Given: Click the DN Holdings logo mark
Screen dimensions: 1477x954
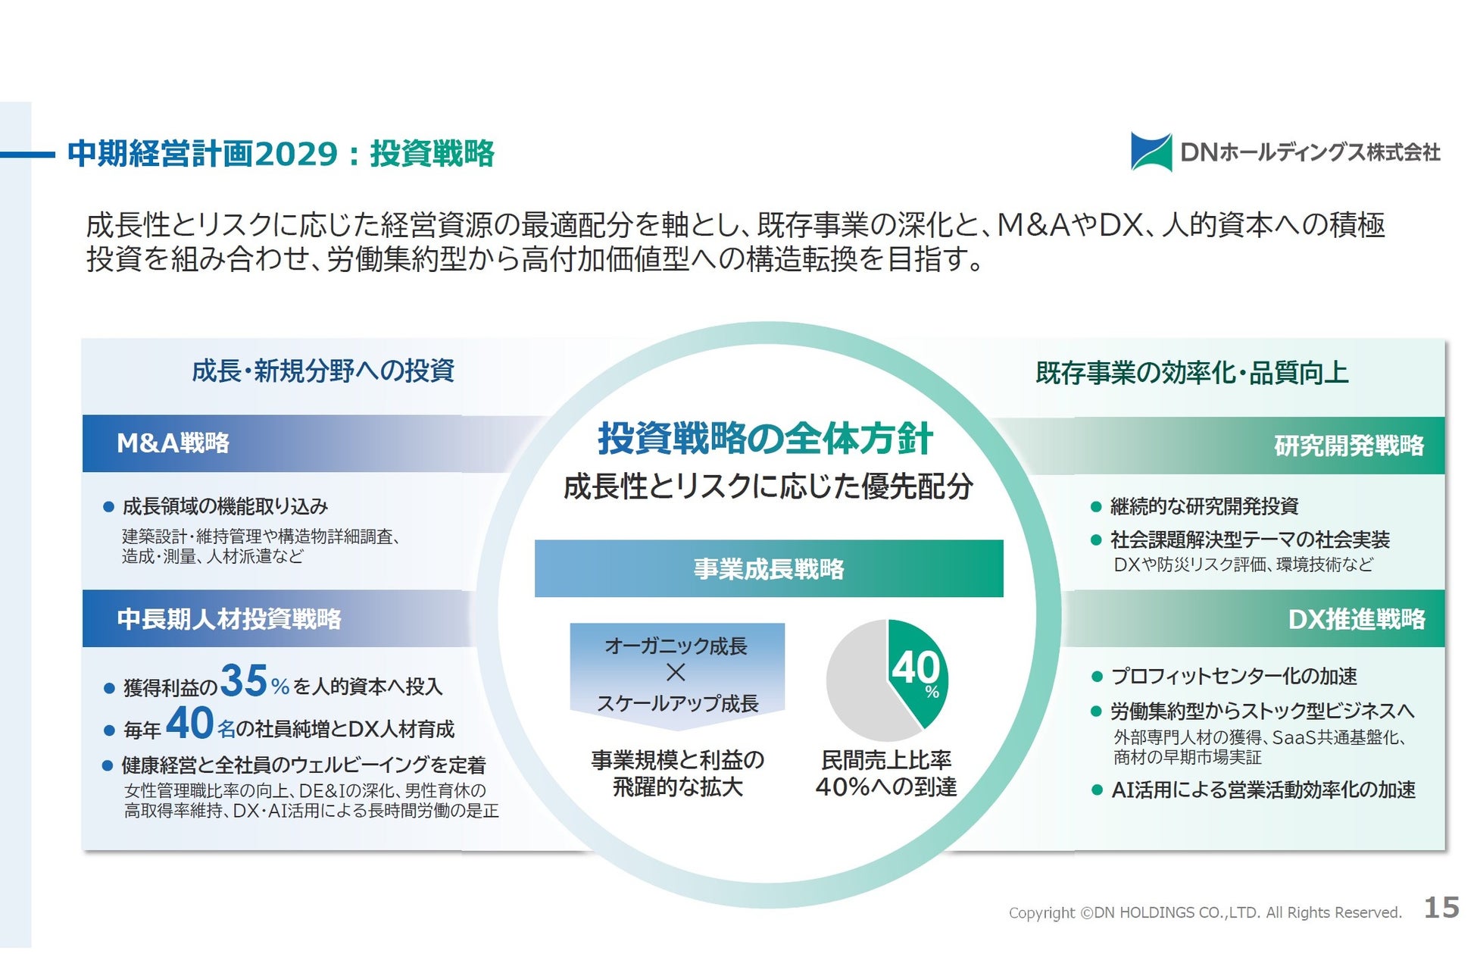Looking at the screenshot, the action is click(x=1151, y=152).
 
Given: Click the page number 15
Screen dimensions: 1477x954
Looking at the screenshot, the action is click(x=1441, y=907).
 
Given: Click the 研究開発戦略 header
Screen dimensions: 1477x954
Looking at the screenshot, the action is click(x=1219, y=446).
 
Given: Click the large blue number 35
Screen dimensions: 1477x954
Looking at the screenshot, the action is click(x=244, y=680).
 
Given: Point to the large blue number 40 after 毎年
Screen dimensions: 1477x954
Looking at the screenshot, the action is click(x=189, y=723).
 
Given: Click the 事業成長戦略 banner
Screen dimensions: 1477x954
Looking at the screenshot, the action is click(x=769, y=568).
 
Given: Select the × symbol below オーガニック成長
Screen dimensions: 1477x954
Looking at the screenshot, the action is click(x=676, y=672).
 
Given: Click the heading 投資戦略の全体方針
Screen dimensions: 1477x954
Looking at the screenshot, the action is click(x=765, y=439).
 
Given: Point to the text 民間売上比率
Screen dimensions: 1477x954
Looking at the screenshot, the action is click(x=886, y=759).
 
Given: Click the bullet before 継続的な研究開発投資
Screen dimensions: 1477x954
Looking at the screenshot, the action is click(x=1095, y=506).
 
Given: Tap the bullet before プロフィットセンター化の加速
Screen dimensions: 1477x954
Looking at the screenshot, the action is click(x=1096, y=676).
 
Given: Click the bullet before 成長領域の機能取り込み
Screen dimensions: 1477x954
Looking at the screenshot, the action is click(x=108, y=506).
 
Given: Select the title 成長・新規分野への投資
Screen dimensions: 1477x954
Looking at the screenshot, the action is click(x=323, y=371).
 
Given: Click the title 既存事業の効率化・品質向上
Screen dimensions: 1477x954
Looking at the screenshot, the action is click(x=1192, y=373).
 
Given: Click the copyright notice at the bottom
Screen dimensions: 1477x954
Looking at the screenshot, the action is click(x=1205, y=912).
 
